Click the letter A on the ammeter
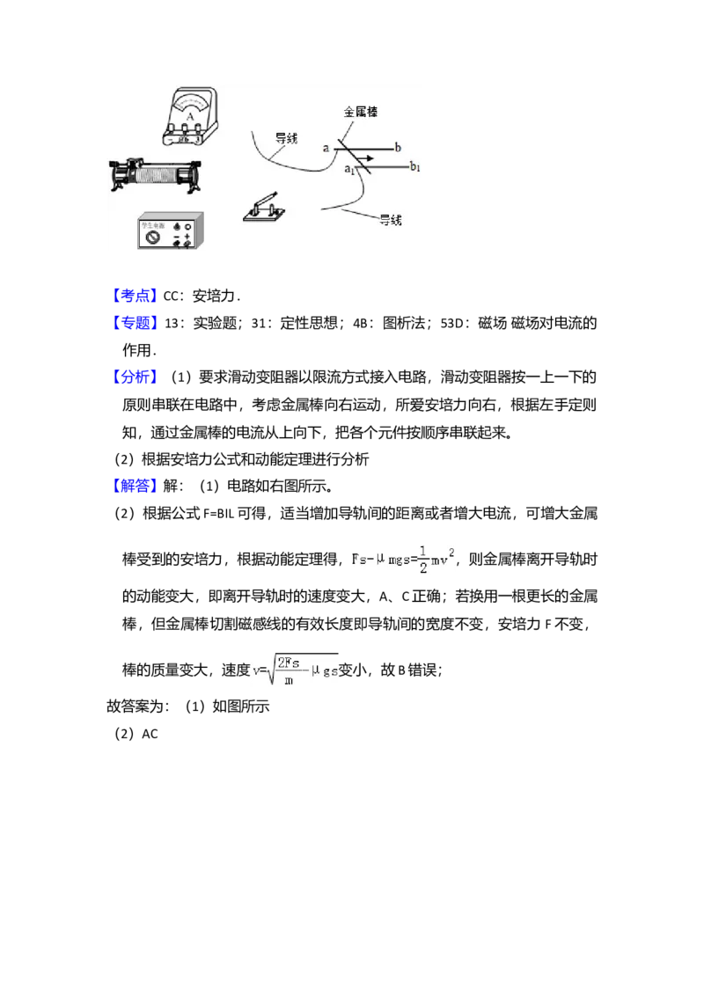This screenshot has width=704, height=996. tap(189, 114)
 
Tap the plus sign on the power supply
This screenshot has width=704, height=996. tap(188, 237)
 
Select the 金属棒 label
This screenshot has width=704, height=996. tap(362, 113)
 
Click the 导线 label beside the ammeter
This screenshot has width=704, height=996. tap(286, 138)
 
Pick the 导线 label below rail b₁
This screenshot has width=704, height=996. tap(389, 219)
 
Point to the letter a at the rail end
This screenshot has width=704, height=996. tap(325, 149)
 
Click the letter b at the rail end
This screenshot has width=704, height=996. tap(398, 148)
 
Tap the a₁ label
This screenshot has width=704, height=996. tap(348, 168)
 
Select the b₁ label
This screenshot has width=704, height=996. tap(415, 166)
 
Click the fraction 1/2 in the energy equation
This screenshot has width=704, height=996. tap(422, 560)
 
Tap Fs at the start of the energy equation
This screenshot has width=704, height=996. tap(358, 560)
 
